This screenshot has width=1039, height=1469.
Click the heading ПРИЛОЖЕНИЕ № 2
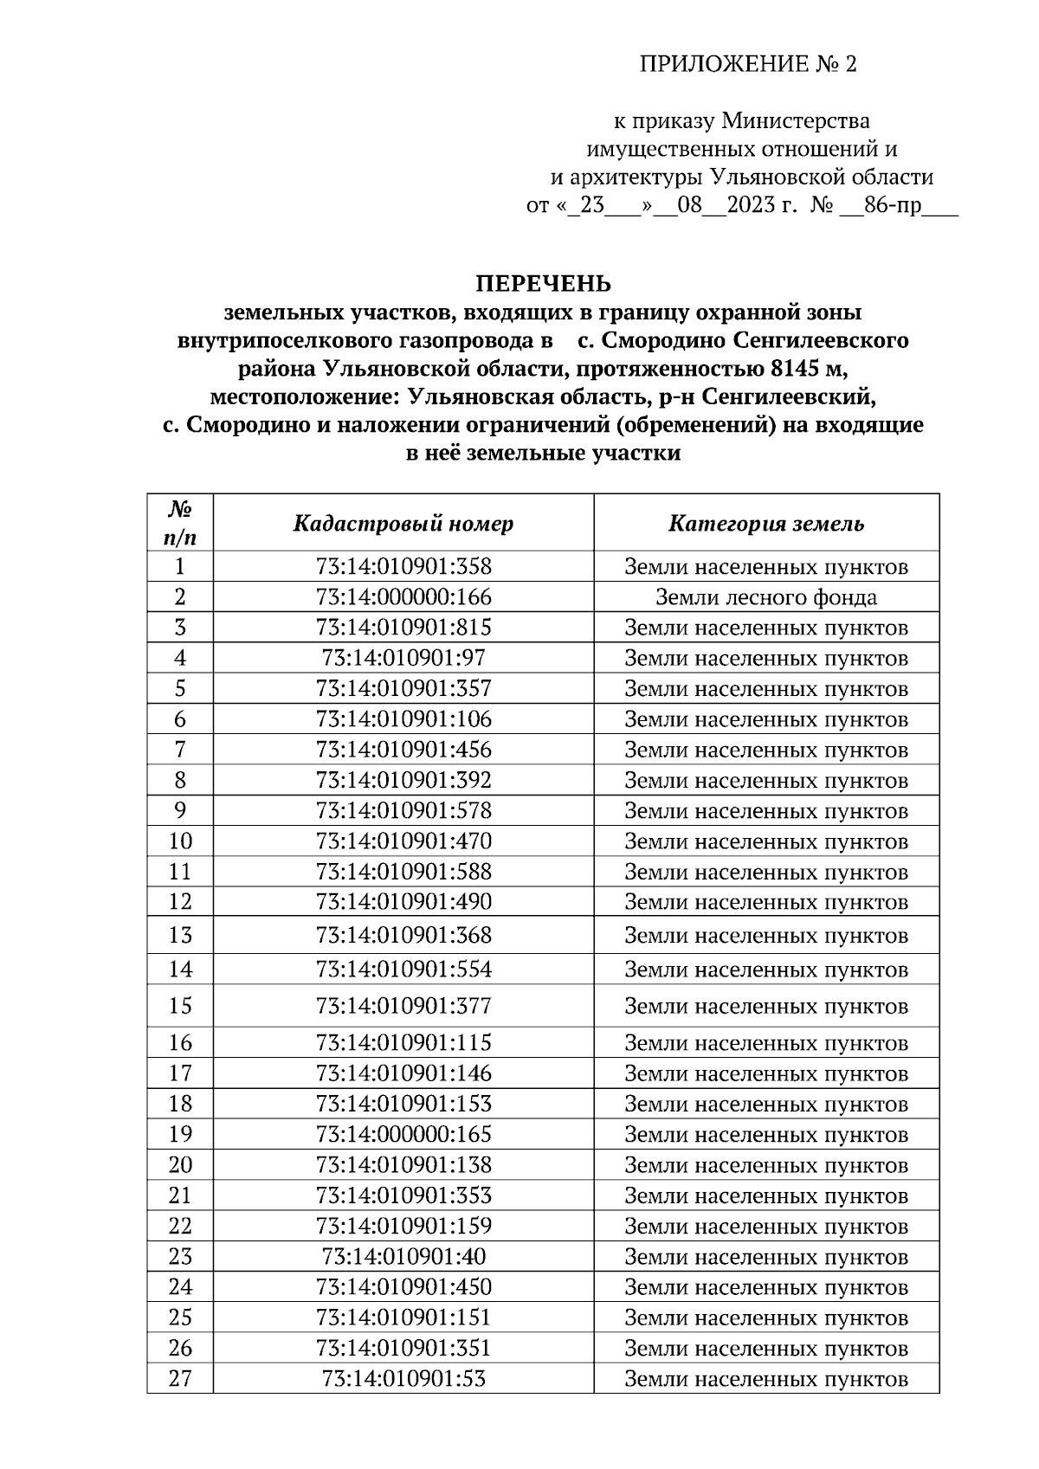click(747, 65)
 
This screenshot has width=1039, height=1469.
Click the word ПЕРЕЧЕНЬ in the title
click(543, 284)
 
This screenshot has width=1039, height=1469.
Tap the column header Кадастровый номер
click(403, 524)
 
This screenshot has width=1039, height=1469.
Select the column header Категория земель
click(766, 524)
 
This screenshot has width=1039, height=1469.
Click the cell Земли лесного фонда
click(766, 597)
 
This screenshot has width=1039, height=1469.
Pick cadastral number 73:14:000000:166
click(403, 597)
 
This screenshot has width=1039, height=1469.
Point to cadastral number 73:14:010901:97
click(403, 658)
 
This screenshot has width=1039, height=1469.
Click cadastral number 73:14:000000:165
click(403, 1134)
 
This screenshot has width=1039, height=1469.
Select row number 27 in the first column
click(180, 1378)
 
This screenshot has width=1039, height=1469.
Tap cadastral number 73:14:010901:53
click(403, 1378)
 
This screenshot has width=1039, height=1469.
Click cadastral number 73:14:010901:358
click(403, 567)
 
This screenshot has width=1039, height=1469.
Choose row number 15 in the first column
click(180, 1006)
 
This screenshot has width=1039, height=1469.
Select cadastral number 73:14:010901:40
click(403, 1256)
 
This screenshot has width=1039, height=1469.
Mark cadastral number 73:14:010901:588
click(403, 871)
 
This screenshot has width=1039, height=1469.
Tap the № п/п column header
click(180, 523)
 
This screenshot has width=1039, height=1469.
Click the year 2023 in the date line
click(751, 206)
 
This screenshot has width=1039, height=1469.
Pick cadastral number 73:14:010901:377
click(403, 1006)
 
